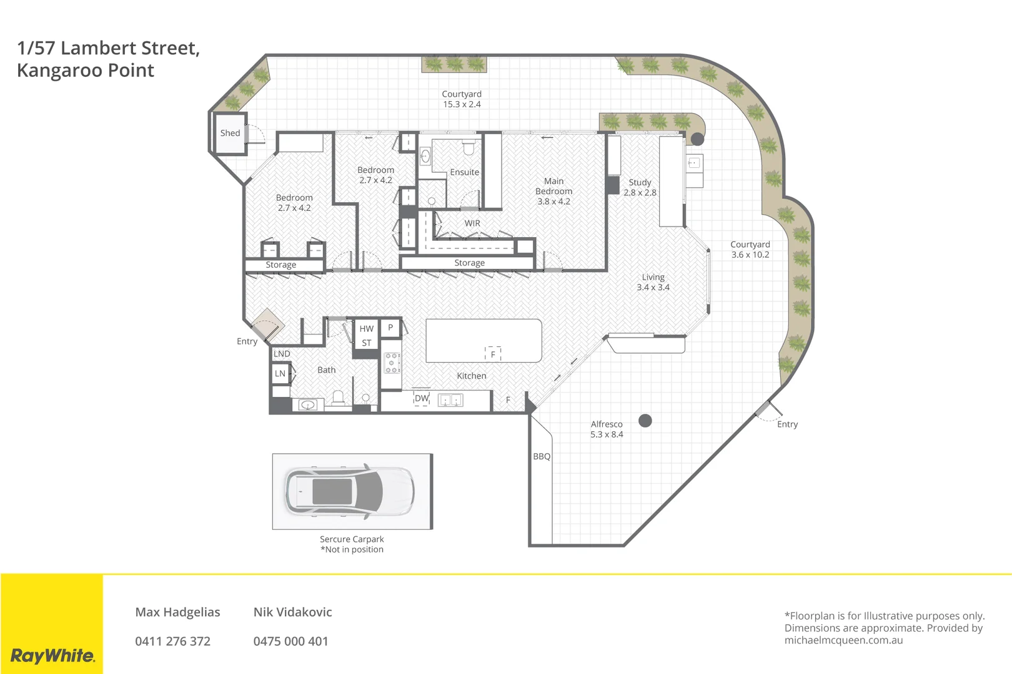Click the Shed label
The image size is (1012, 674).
[230, 133]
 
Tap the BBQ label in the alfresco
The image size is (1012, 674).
[542, 456]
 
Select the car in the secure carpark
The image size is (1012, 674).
[350, 491]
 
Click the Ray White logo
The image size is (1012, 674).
[52, 655]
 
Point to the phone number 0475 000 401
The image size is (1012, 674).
[290, 641]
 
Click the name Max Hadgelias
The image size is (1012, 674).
[177, 612]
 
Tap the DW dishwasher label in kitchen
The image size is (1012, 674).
[422, 398]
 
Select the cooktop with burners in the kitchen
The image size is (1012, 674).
[392, 363]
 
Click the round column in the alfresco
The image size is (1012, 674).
[645, 421]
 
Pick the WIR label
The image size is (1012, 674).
[472, 223]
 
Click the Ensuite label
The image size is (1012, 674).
[464, 172]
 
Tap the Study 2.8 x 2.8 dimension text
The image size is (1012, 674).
[640, 193]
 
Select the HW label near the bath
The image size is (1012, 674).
[366, 329]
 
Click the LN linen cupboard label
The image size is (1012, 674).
[280, 373]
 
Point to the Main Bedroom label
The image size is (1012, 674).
[553, 186]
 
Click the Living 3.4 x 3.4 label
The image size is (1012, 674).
[653, 282]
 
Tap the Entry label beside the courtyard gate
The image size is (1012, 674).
[787, 424]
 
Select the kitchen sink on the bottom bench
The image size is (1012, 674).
[450, 400]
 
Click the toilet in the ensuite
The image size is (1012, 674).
[469, 148]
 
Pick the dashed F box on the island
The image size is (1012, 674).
[493, 354]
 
